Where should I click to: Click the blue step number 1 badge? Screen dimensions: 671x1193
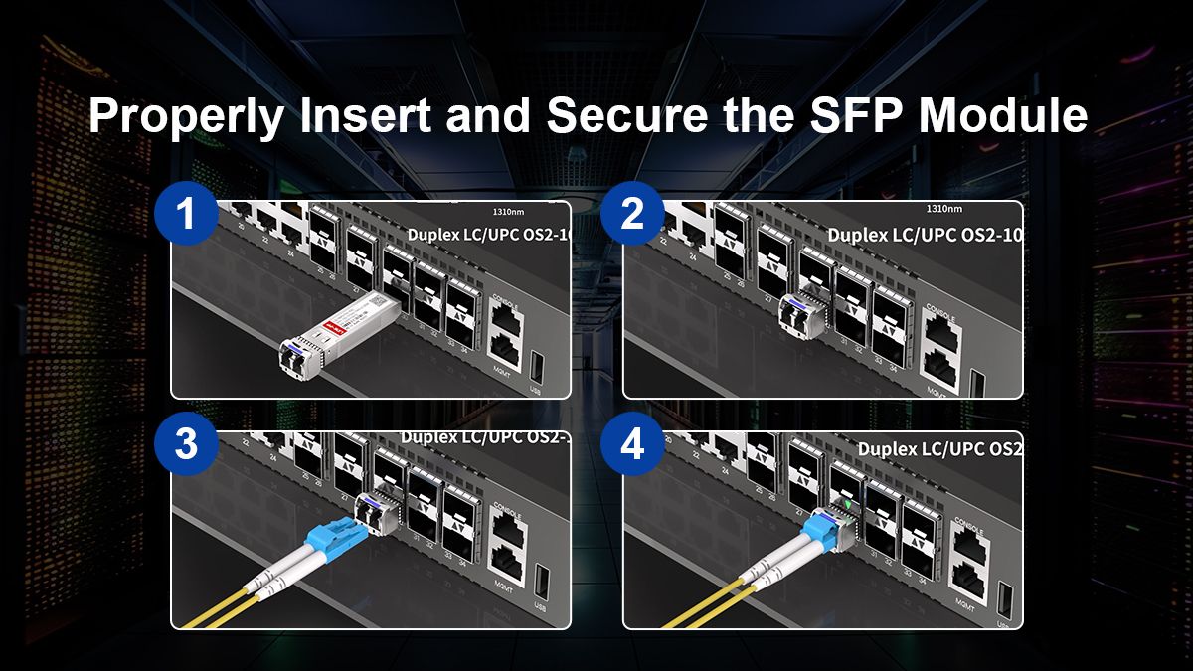186,214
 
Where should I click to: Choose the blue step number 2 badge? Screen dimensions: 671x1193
632,214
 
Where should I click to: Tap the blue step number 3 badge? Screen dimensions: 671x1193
186,444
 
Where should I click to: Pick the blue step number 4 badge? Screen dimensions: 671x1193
632,444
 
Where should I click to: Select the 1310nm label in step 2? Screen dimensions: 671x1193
943,209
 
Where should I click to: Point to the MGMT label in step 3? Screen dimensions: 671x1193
502,582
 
